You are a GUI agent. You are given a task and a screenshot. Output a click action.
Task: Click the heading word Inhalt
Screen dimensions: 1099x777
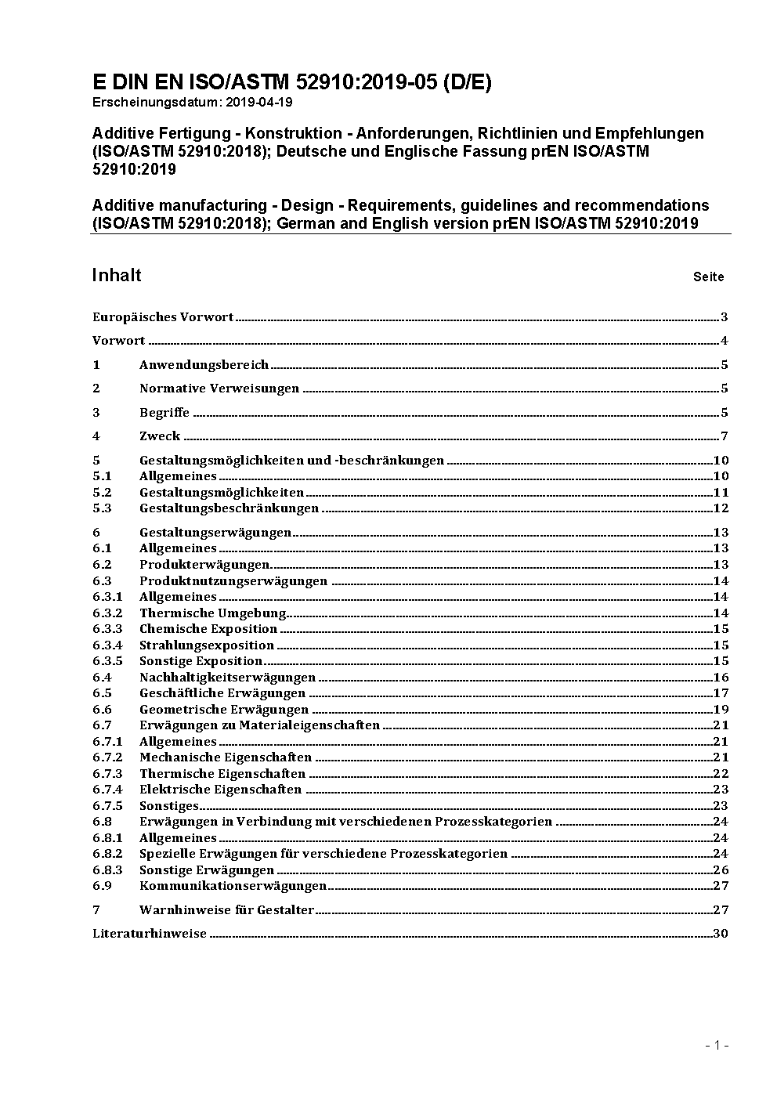tap(117, 275)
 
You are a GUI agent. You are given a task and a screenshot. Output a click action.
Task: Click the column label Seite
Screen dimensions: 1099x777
tap(708, 277)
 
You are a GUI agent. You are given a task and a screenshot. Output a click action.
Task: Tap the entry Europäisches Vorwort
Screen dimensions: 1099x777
tap(163, 317)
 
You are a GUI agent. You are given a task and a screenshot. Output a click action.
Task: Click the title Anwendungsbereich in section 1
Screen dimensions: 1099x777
tap(204, 365)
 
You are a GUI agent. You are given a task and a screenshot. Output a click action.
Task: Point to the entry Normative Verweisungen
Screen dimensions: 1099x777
tap(219, 389)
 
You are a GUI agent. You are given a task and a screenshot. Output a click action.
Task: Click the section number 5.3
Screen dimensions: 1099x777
tap(103, 508)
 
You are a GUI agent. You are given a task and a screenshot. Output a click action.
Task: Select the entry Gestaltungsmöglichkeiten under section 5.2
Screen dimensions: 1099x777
tap(222, 493)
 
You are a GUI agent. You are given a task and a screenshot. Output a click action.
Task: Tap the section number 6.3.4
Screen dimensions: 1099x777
tap(107, 645)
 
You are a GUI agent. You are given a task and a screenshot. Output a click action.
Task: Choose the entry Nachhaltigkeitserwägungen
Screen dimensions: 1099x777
tap(227, 678)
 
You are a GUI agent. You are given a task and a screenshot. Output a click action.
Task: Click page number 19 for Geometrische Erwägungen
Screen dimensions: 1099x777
tap(721, 710)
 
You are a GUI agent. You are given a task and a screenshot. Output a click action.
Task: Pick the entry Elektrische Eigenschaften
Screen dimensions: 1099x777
tap(220, 790)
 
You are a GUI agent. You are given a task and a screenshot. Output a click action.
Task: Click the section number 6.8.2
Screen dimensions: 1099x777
tap(107, 854)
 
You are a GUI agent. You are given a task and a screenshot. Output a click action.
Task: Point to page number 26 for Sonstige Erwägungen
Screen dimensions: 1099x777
tap(721, 870)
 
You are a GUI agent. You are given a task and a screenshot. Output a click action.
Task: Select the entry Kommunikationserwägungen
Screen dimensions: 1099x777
tap(233, 886)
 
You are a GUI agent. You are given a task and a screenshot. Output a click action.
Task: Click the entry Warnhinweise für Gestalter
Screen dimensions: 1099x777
tap(226, 910)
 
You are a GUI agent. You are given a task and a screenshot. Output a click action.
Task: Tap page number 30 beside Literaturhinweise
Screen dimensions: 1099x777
tap(721, 934)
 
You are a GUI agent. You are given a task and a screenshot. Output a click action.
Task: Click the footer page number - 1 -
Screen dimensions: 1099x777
tap(717, 1045)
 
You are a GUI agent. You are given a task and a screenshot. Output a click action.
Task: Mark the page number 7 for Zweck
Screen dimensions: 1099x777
tap(725, 436)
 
